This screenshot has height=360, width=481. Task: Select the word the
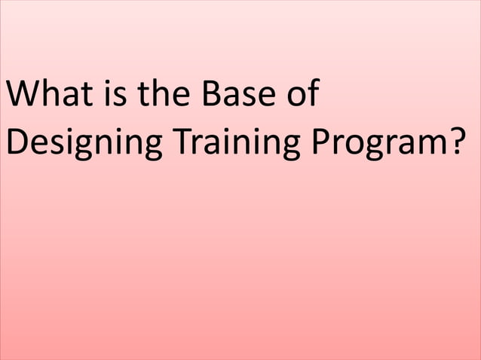[x=157, y=97]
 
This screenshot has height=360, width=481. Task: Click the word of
[x=299, y=97]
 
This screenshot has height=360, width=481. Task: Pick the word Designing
[x=82, y=143]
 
